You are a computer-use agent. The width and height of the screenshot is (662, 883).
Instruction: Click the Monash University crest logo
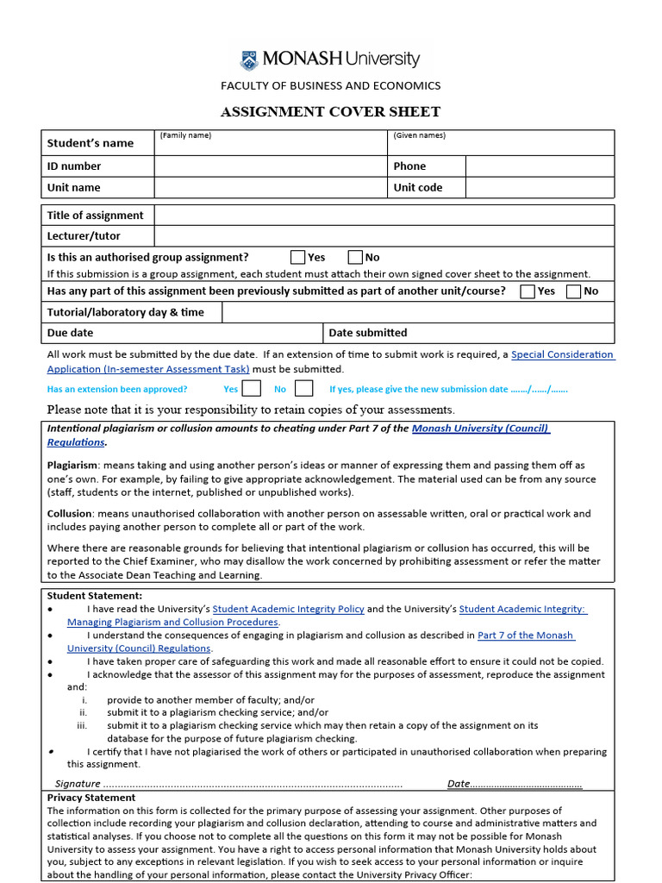pyautogui.click(x=248, y=59)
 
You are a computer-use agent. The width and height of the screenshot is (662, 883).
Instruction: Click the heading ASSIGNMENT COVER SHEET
pyautogui.click(x=330, y=111)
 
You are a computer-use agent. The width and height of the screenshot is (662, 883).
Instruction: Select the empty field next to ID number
pyautogui.click(x=271, y=166)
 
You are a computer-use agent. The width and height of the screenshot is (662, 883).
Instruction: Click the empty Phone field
pyautogui.click(x=540, y=166)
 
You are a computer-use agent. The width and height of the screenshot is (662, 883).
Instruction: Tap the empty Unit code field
pyautogui.click(x=540, y=188)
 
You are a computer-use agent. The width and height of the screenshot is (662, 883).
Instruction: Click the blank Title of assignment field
pyautogui.click(x=384, y=216)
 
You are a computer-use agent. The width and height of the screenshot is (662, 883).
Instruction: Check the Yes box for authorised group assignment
pyautogui.click(x=297, y=257)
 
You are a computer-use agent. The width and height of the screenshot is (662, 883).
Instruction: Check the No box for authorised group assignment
pyautogui.click(x=355, y=257)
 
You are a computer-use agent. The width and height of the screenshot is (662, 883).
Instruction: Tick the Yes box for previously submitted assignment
pyautogui.click(x=528, y=291)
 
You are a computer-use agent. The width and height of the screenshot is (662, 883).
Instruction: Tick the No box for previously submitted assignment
pyautogui.click(x=573, y=291)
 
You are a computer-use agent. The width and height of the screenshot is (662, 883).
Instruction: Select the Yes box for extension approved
pyautogui.click(x=252, y=389)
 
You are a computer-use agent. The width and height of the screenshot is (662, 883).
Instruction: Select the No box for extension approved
pyautogui.click(x=303, y=389)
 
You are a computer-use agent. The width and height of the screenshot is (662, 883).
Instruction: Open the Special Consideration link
pyautogui.click(x=562, y=354)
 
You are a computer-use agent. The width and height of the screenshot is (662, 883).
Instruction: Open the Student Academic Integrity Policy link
pyautogui.click(x=288, y=609)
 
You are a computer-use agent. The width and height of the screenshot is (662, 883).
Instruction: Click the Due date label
pyautogui.click(x=70, y=333)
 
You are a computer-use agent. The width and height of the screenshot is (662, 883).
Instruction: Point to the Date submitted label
pyautogui.click(x=367, y=333)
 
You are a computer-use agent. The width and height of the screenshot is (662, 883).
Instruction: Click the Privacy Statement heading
pyautogui.click(x=91, y=798)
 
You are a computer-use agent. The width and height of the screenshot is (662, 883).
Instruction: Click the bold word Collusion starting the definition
pyautogui.click(x=69, y=513)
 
